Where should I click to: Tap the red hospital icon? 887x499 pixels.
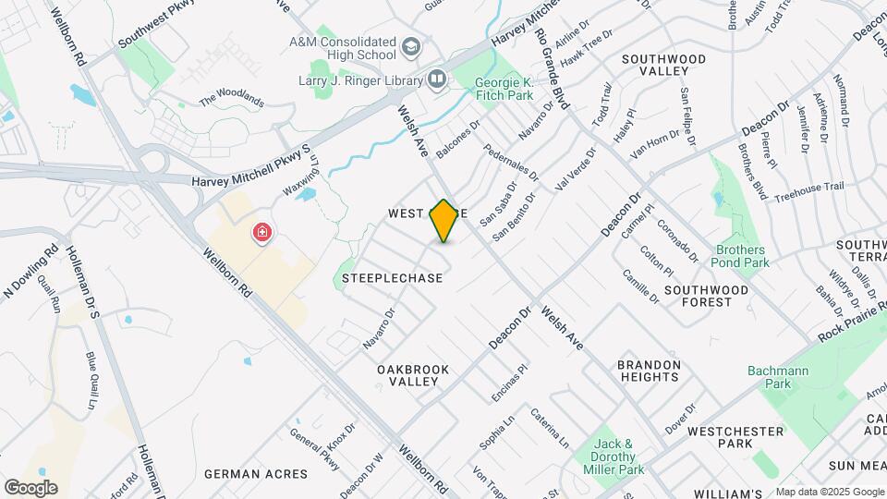pos(263,233)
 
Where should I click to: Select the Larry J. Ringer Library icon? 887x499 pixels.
pos(436,79)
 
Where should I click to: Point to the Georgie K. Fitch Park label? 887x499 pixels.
pos(504,88)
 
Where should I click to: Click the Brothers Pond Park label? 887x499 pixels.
pos(739,256)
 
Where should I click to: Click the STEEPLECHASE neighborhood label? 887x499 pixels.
pos(394,277)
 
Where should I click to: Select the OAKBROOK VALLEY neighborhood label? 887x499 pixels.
pos(413,375)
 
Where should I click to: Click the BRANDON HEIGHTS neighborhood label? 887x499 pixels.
pos(649,371)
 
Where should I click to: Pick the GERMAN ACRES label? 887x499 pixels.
pos(256,474)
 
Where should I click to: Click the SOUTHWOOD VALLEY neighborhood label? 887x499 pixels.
pos(663,65)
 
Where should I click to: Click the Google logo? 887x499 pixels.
pos(30,487)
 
